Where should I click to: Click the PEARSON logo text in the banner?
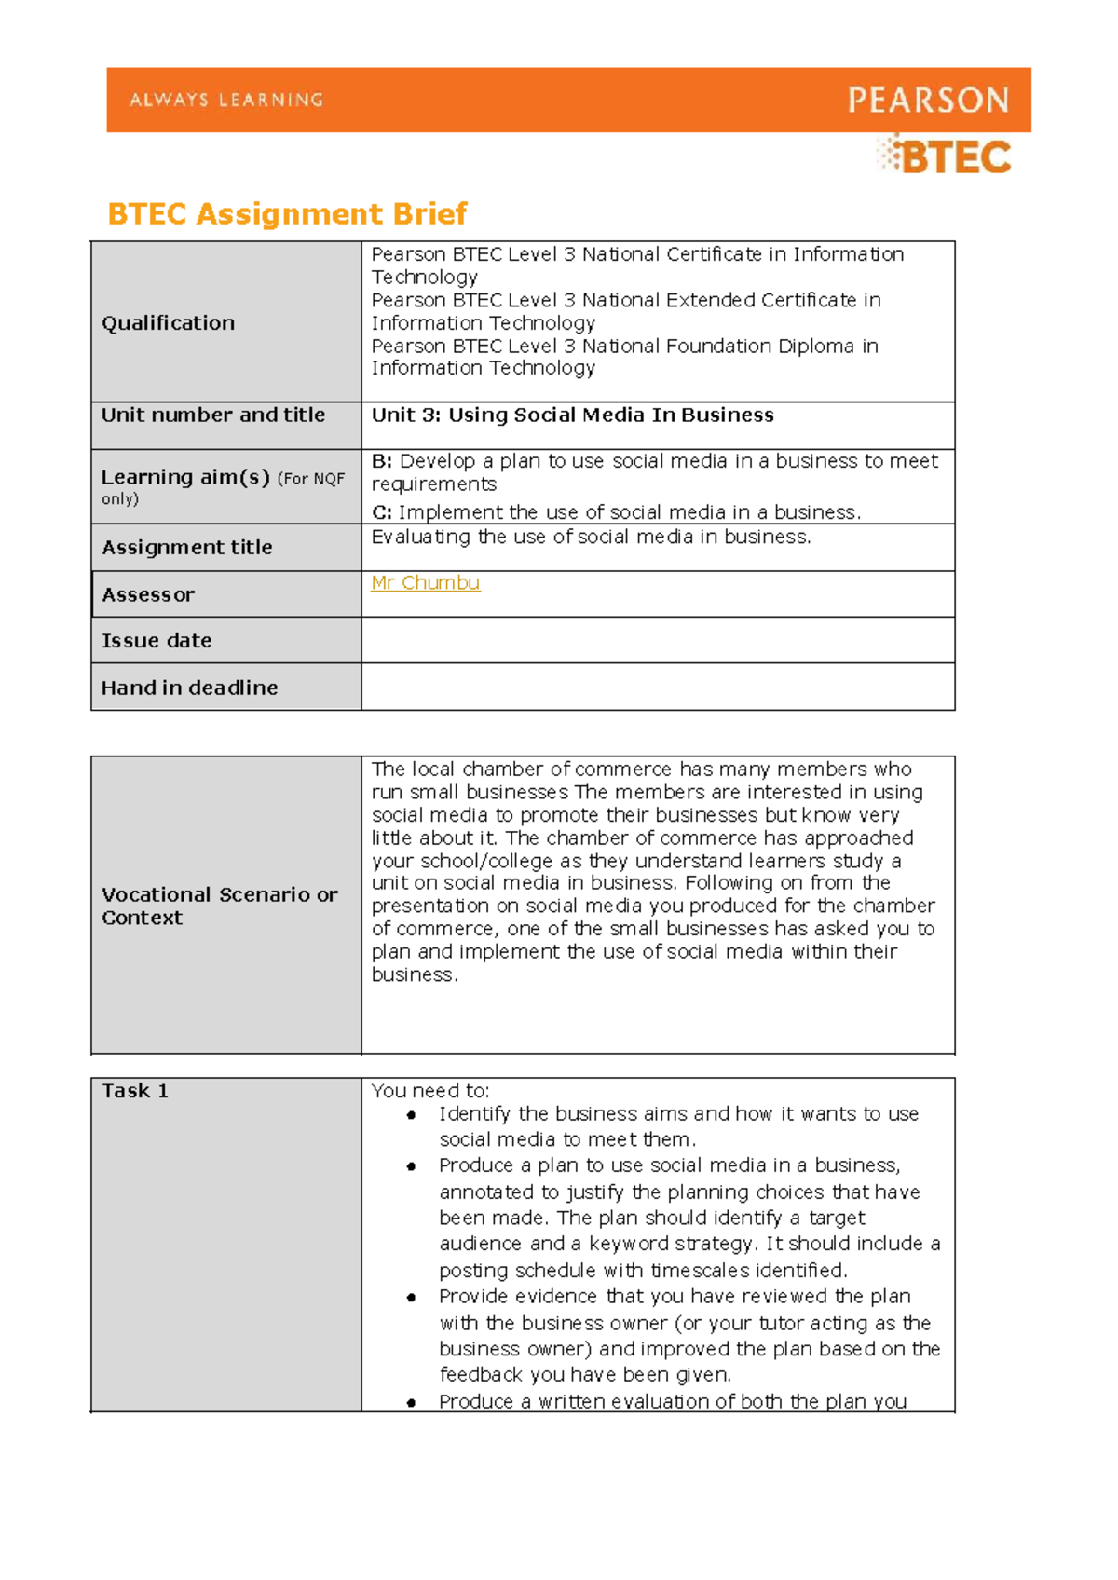[x=928, y=100]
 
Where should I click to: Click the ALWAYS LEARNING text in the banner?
[x=226, y=100]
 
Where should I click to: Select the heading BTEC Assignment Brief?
[x=287, y=214]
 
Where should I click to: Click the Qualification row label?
[x=168, y=323]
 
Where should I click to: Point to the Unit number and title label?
[x=213, y=415]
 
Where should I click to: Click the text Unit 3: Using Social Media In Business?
[x=572, y=415]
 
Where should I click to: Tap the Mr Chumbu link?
[x=425, y=583]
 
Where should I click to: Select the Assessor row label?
[x=148, y=594]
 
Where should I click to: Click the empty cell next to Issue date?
[x=657, y=641]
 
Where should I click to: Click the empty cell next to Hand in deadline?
[x=657, y=688]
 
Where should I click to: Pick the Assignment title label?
[x=187, y=548]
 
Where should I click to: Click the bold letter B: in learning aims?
[x=382, y=461]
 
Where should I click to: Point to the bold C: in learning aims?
[x=382, y=512]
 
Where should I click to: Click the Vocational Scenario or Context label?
[x=219, y=906]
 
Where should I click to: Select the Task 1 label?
[x=135, y=1091]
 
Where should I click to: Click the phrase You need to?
[x=430, y=1091]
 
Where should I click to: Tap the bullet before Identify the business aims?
[x=411, y=1115]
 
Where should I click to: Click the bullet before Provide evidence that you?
[x=411, y=1298]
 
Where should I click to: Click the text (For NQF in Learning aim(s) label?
[x=311, y=479]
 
